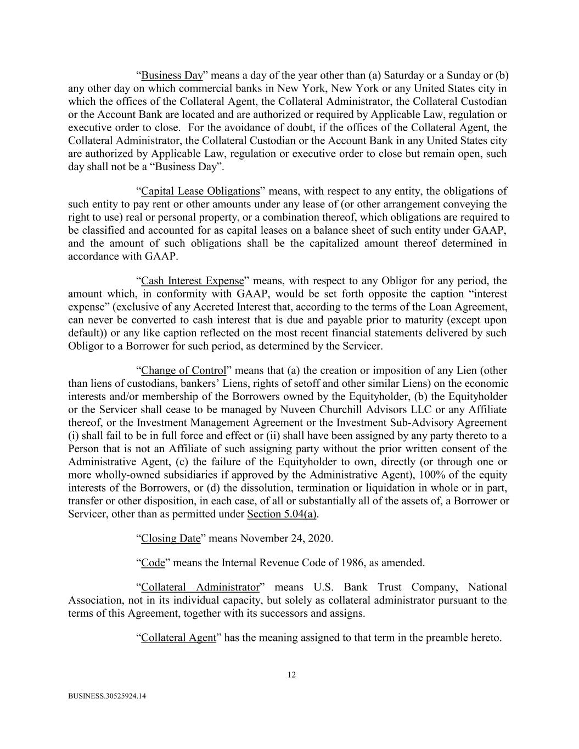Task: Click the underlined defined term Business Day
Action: [172, 76]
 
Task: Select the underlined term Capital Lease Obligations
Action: [200, 192]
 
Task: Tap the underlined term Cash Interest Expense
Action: [192, 281]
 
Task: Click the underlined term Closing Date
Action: [171, 538]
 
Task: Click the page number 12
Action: [291, 675]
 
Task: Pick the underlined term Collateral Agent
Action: [178, 638]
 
